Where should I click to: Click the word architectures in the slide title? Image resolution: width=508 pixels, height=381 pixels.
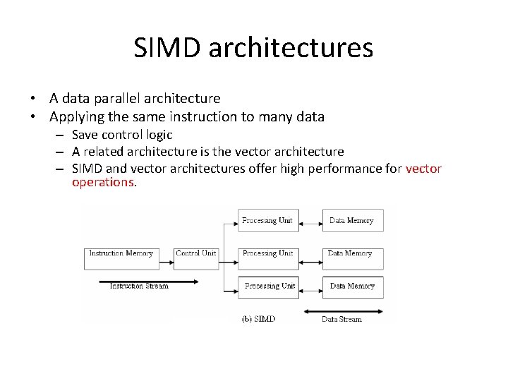[291, 48]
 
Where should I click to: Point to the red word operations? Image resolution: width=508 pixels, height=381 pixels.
[102, 182]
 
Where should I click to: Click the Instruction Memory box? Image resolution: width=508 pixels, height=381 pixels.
[121, 253]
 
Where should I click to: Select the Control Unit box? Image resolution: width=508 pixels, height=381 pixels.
[195, 253]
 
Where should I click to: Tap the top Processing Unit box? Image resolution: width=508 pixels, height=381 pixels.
[267, 220]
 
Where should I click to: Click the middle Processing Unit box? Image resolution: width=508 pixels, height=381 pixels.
[267, 253]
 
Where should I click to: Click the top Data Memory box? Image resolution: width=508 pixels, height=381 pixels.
[352, 220]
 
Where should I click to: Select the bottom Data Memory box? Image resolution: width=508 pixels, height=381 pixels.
[352, 286]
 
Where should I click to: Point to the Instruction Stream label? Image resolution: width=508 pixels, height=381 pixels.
[139, 286]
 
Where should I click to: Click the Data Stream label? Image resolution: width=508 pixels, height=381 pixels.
[341, 319]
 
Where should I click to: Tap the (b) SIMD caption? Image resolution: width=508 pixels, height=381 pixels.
[258, 319]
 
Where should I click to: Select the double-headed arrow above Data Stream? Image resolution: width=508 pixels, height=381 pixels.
[343, 311]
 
